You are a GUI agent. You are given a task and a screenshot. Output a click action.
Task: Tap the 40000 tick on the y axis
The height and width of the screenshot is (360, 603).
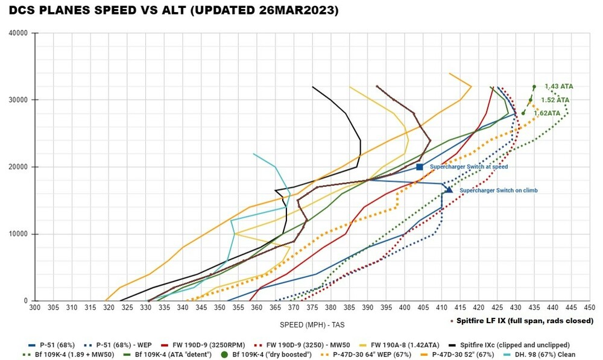[x=19, y=33]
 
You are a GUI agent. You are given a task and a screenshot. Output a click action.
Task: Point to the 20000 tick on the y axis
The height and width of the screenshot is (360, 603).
[x=19, y=167]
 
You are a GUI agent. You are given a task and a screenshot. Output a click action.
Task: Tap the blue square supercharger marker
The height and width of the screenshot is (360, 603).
[x=420, y=167]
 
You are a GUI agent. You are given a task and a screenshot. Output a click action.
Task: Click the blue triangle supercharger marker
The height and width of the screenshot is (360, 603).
[x=449, y=190]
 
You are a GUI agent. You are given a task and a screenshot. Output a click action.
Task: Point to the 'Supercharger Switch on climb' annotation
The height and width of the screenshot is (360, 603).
[x=498, y=191]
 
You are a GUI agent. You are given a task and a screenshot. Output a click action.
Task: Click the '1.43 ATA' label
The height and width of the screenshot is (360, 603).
[x=558, y=87]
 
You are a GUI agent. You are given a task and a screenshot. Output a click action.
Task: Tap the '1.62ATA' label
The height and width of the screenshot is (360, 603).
[x=547, y=113]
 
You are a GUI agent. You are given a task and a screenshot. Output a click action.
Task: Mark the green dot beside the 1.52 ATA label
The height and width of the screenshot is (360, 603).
[x=531, y=100]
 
